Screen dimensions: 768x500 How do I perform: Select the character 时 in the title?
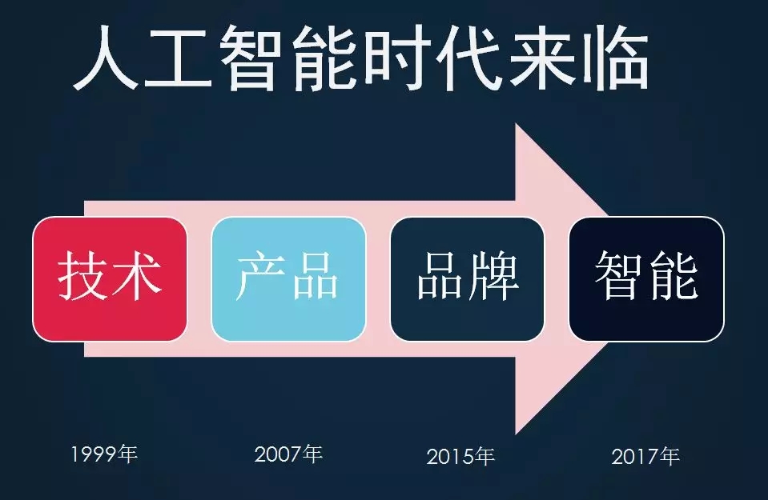tap(396, 58)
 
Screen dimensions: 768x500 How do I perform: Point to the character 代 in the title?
tap(468, 58)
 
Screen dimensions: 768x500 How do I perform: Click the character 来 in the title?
tap(542, 58)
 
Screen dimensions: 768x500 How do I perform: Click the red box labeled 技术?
tap(110, 279)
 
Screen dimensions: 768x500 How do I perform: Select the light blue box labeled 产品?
tap(288, 279)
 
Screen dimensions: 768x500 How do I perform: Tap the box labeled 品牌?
tap(467, 279)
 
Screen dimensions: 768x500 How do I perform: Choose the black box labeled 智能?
tap(646, 279)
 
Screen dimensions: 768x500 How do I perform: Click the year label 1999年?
tap(104, 454)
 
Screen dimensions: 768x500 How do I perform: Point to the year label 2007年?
tap(288, 454)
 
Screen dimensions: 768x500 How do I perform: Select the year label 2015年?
tap(460, 457)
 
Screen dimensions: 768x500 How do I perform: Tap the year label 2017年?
tap(645, 457)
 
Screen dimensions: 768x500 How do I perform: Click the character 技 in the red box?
tap(82, 275)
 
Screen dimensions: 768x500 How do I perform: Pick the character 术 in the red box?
tap(135, 275)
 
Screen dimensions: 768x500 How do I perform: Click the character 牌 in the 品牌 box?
tap(493, 275)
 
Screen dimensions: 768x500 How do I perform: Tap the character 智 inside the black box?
tap(620, 274)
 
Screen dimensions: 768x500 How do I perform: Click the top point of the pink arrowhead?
tap(516, 124)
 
